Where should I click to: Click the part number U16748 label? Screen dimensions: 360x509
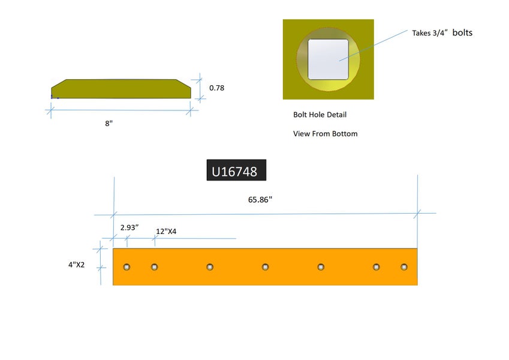(x=236, y=172)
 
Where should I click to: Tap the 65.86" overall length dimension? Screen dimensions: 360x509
(x=260, y=200)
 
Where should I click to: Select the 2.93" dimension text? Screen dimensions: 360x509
(x=129, y=228)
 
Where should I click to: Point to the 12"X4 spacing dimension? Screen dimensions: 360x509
(x=166, y=232)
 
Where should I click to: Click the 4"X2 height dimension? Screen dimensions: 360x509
(x=76, y=264)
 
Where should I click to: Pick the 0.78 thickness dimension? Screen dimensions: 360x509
(x=217, y=88)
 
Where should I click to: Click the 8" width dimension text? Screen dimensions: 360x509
(x=109, y=123)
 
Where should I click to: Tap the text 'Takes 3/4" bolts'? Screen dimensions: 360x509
(x=442, y=33)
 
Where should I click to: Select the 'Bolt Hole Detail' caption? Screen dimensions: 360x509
(x=320, y=115)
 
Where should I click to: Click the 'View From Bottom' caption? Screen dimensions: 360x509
(x=325, y=134)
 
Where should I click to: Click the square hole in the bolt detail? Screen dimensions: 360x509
(x=328, y=59)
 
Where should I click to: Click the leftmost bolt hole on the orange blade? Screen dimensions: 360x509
(x=126, y=266)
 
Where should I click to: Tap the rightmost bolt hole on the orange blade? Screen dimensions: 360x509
(x=404, y=266)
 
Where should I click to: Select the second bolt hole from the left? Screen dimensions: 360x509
(x=154, y=266)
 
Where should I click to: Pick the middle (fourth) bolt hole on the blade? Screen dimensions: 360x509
(x=265, y=266)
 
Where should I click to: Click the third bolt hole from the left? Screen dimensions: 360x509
(x=210, y=266)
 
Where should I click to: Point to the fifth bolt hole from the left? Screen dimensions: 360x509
(x=321, y=266)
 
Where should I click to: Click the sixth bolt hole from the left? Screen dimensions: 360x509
(x=377, y=266)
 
